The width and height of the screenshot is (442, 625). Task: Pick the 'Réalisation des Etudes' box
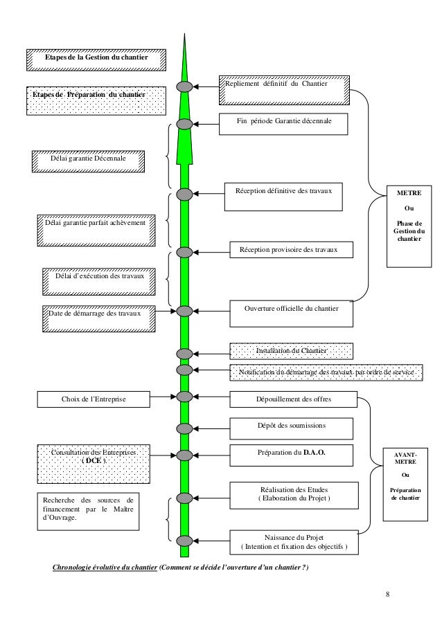pyautogui.click(x=294, y=494)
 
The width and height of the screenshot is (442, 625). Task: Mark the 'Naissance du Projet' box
pyautogui.click(x=294, y=543)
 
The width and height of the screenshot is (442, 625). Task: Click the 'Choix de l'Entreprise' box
pyautogui.click(x=94, y=399)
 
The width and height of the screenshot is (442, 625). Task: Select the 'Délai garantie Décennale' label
pyautogui.click(x=89, y=161)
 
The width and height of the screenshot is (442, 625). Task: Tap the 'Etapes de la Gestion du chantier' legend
pyautogui.click(x=96, y=60)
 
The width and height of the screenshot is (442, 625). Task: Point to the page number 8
pyautogui.click(x=388, y=594)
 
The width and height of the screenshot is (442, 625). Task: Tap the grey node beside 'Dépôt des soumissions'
pyautogui.click(x=184, y=426)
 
